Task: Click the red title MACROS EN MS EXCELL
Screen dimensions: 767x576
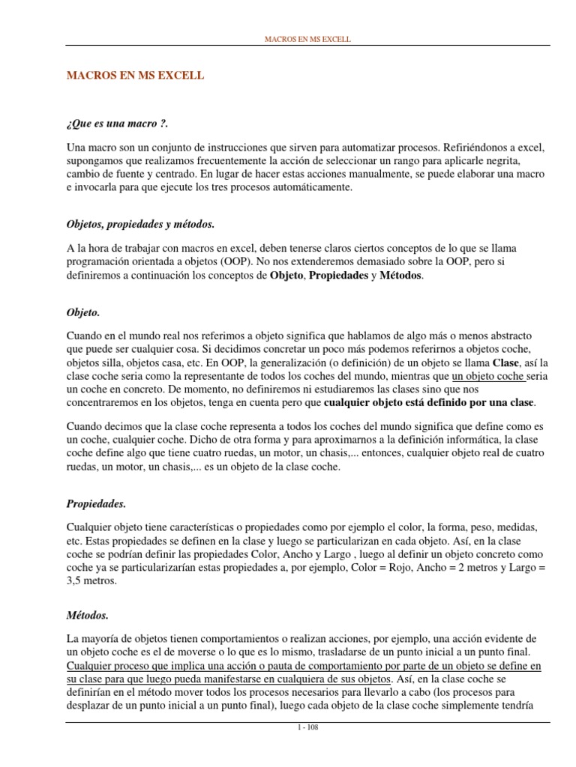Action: click(x=136, y=76)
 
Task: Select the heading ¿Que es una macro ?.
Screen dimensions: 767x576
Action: click(x=112, y=124)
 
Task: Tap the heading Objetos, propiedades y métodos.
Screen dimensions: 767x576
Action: click(x=140, y=224)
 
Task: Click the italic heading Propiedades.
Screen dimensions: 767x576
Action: click(x=97, y=484)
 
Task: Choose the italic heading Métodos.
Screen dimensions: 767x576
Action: click(x=88, y=615)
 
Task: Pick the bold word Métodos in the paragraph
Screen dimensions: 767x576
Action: click(x=401, y=276)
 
